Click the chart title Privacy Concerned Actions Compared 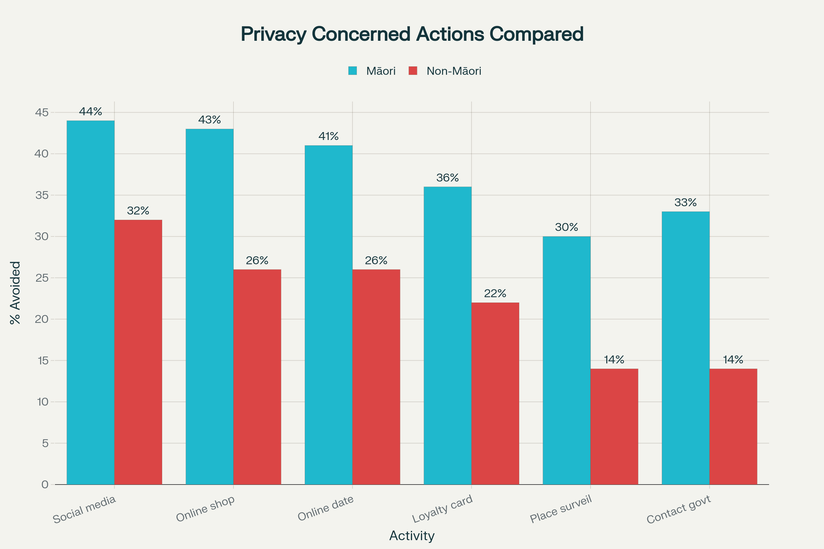click(412, 34)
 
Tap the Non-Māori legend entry click(445, 71)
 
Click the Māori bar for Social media click(91, 303)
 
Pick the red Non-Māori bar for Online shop click(257, 377)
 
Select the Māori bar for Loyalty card click(447, 336)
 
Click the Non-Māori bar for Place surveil click(614, 426)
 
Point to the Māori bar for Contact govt click(686, 348)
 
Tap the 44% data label click(91, 112)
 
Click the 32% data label click(138, 211)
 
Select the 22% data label click(495, 294)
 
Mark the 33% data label click(686, 203)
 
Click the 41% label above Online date click(328, 136)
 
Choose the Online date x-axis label click(325, 509)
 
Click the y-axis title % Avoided click(15, 292)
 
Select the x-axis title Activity click(412, 536)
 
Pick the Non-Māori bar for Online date click(376, 377)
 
